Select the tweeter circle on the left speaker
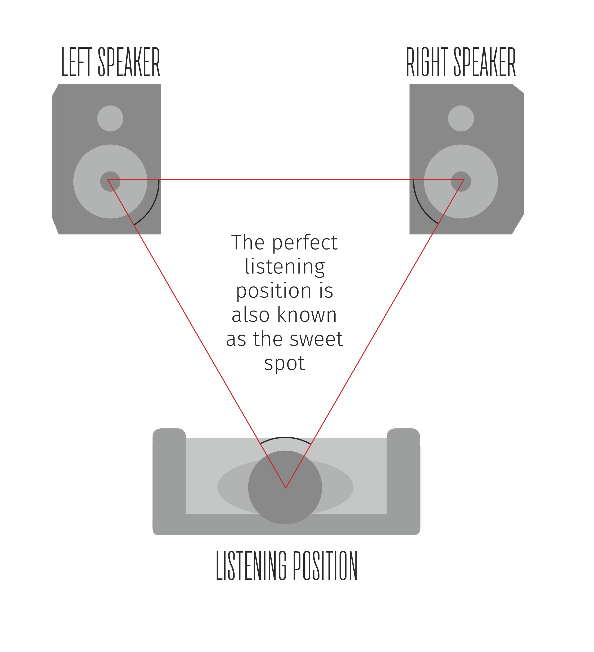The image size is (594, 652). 110,118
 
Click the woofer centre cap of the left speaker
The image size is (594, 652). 110,182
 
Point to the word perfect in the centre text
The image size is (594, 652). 304,243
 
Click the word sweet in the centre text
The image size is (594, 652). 316,339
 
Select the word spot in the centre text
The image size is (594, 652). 284,364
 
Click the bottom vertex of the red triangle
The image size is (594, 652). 286,488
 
